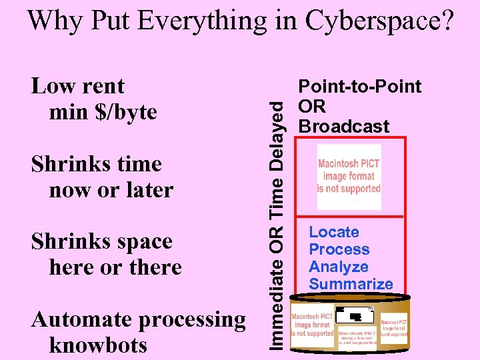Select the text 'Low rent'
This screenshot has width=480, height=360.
coord(78,86)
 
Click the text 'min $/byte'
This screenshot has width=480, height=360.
coord(103,111)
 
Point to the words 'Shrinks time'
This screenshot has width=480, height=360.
coord(97,164)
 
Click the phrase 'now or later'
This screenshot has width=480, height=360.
coord(111,190)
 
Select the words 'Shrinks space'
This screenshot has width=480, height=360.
coord(102,241)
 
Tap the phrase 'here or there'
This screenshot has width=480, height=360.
coord(115,267)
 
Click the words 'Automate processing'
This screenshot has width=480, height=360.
coord(139,319)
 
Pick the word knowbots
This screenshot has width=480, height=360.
coord(98,345)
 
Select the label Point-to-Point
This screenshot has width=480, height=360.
coord(360,87)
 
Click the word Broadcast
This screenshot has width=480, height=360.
coord(343,127)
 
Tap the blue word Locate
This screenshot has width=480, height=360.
coord(334,232)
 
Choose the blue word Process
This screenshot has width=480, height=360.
coord(339,249)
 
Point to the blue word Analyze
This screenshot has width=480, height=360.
coord(339,267)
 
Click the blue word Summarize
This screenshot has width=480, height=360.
coord(351,284)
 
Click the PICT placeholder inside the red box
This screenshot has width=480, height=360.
coord(349,177)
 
